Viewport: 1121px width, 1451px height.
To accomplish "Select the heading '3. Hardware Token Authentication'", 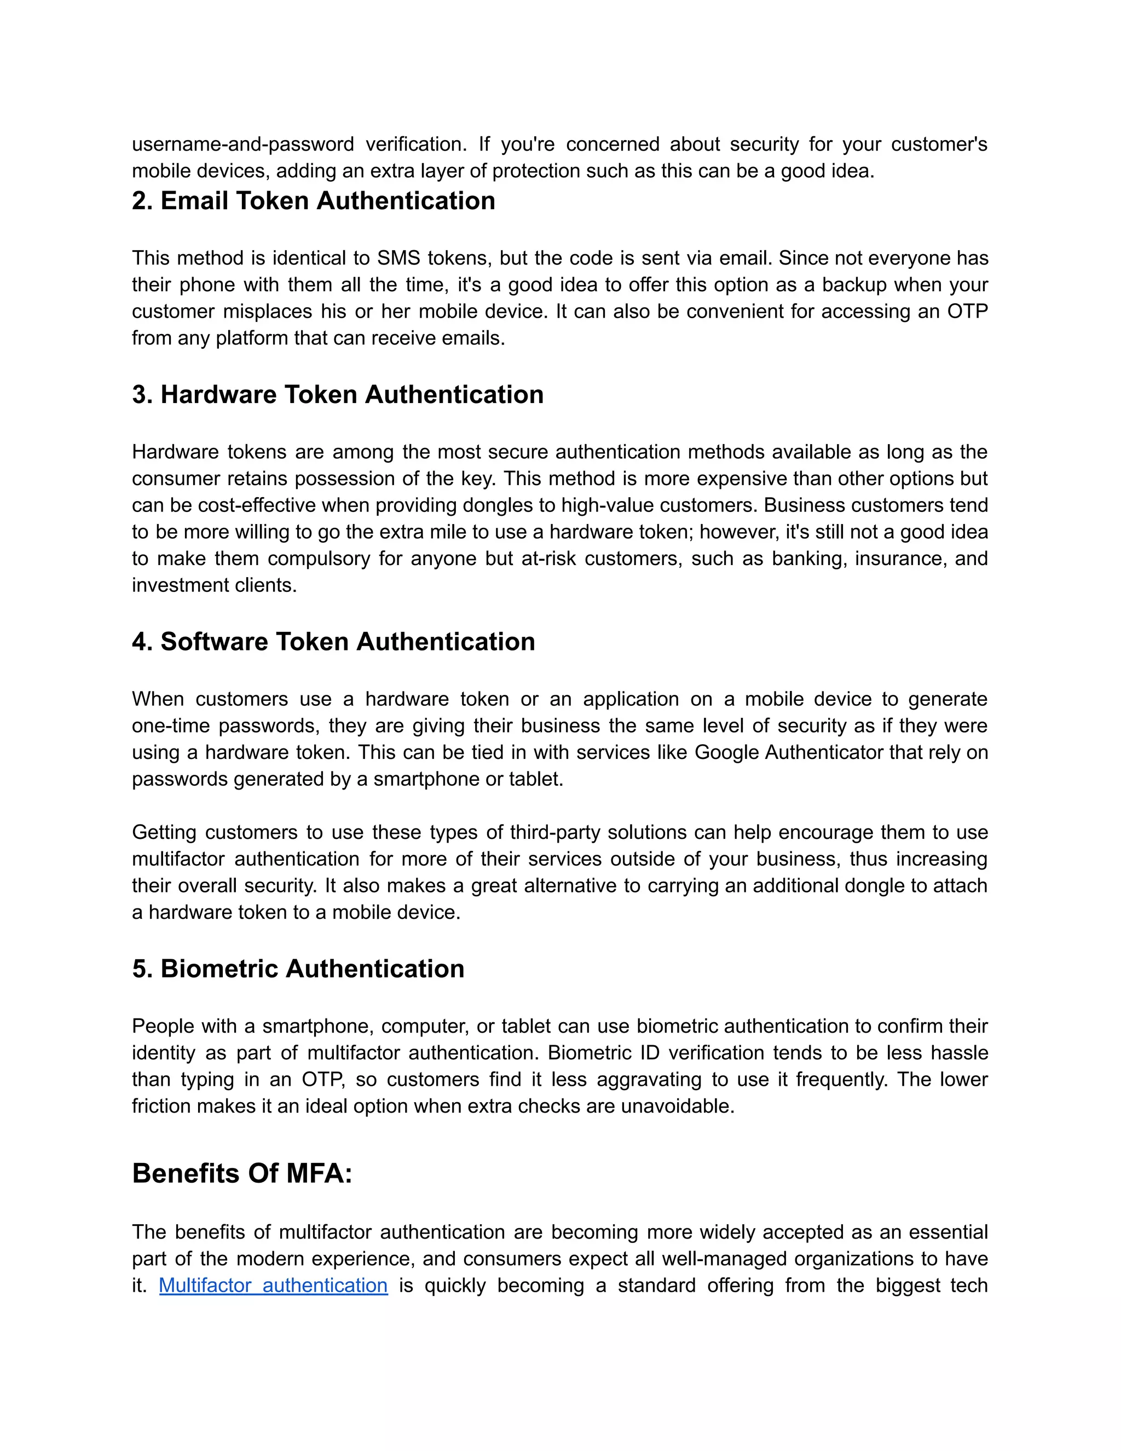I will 337,395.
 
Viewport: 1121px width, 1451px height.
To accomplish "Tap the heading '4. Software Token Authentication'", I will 333,642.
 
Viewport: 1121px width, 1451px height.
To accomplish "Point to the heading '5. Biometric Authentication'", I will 298,969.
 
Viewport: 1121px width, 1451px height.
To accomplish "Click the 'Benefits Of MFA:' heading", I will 242,1173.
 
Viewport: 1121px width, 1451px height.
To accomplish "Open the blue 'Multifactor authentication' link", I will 273,1285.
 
